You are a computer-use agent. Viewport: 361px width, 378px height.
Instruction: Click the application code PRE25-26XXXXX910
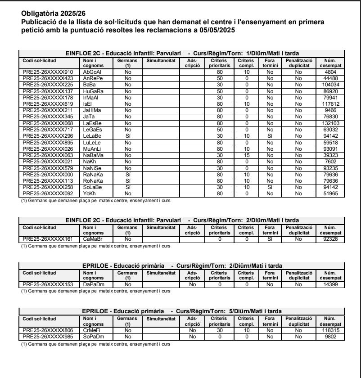(x=48, y=72)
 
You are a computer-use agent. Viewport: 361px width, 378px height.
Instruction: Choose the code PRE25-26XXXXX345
(x=48, y=117)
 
